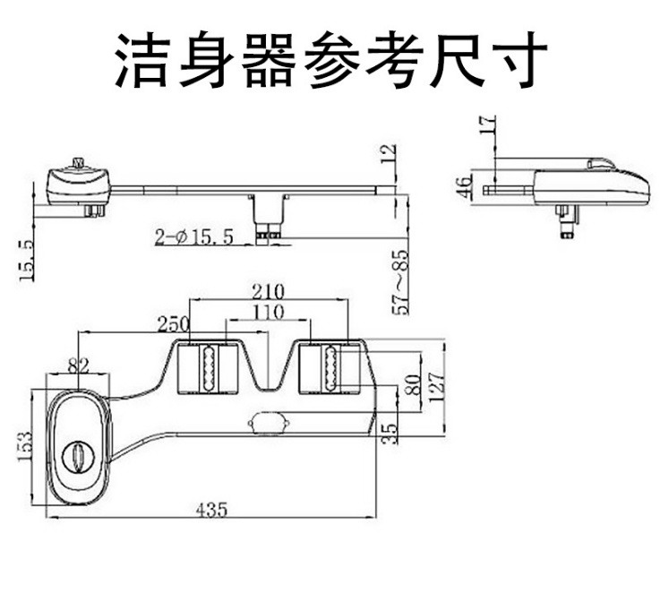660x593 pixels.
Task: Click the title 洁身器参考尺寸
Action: click(330, 60)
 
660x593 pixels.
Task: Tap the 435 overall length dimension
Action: click(211, 509)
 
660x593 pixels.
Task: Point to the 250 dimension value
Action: click(172, 323)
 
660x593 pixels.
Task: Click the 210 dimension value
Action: click(268, 291)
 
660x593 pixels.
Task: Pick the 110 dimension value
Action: click(268, 312)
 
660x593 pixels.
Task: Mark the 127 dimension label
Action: click(436, 386)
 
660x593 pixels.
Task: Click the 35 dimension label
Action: click(389, 431)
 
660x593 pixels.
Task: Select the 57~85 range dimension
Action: click(400, 284)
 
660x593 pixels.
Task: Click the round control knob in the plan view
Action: click(78, 456)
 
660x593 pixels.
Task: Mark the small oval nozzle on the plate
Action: click(268, 419)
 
